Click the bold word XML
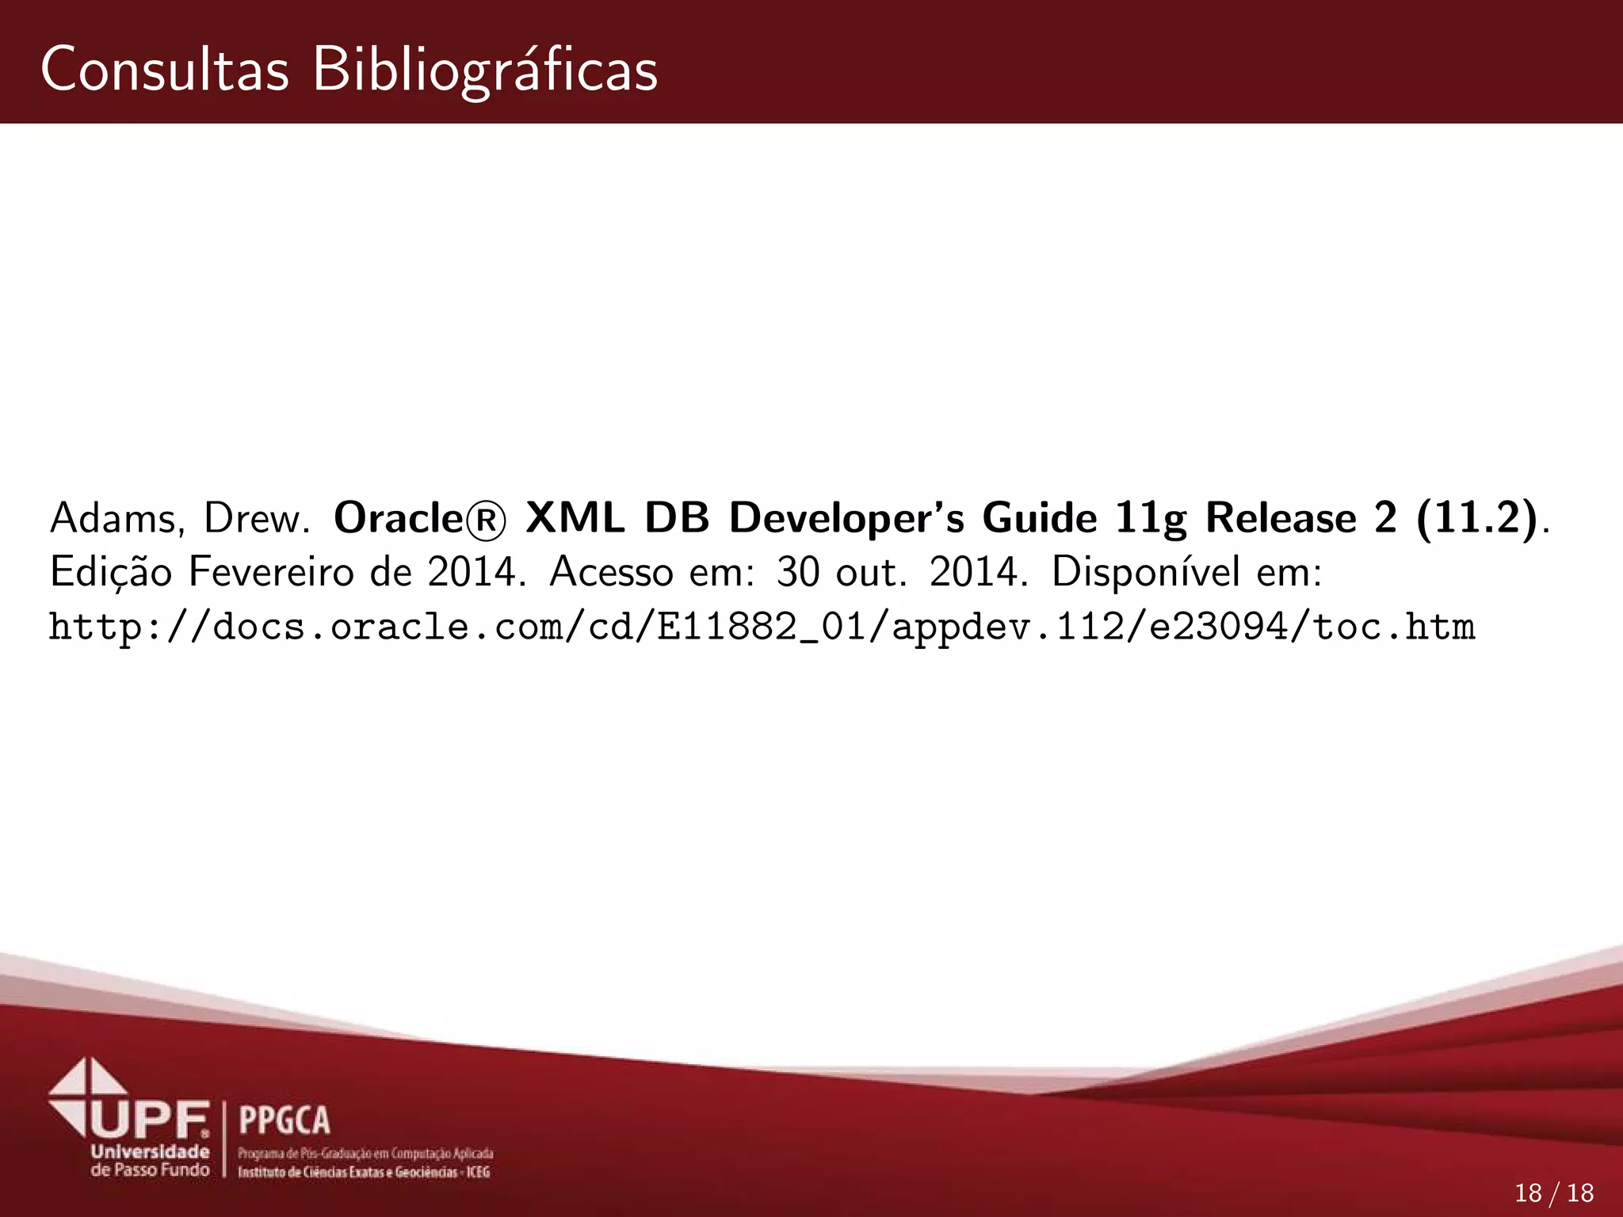click(576, 519)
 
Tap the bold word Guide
click(1039, 519)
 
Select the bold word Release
click(1280, 519)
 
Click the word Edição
click(110, 573)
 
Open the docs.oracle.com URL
click(761, 627)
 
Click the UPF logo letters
click(151, 1120)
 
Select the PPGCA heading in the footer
click(284, 1120)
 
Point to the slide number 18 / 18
click(1553, 1192)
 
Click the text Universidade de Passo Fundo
click(150, 1162)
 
